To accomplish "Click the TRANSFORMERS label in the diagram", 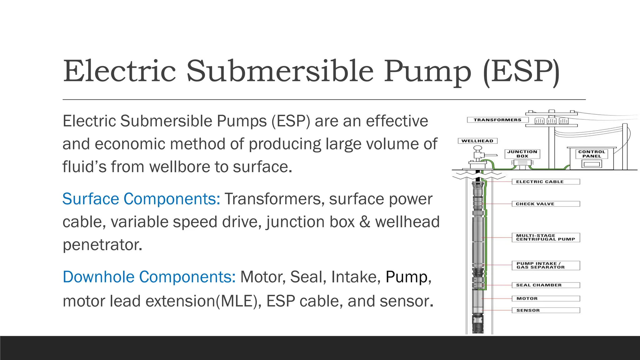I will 497,120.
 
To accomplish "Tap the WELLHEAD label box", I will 477,141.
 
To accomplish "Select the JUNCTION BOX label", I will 522,154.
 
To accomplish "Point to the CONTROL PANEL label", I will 592,154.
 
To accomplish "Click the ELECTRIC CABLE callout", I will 546,182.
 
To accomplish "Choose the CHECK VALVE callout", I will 546,204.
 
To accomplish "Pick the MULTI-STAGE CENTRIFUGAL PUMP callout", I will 546,237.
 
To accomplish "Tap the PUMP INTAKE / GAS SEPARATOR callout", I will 546,265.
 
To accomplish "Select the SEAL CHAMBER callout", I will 546,285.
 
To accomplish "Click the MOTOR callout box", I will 546,298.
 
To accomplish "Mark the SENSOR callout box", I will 546,310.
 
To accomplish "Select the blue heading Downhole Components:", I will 149,277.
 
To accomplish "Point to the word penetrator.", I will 102,245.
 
